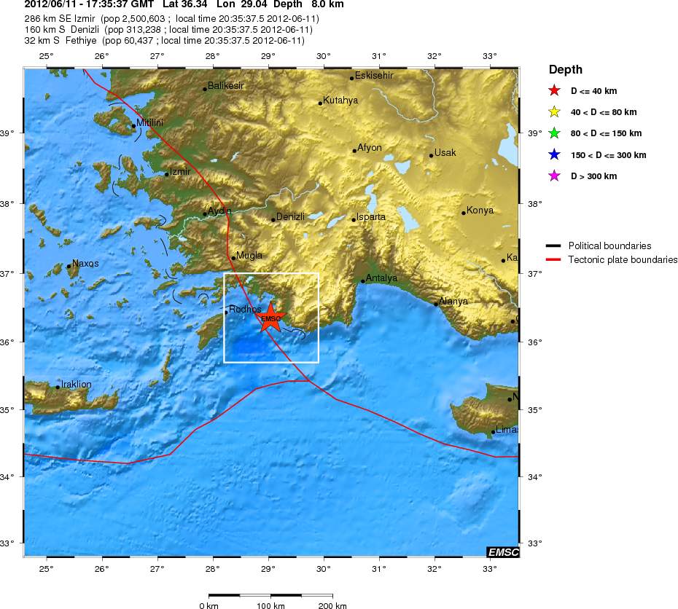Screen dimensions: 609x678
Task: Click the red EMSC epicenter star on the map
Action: pos(270,318)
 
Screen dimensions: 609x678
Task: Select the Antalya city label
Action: pos(381,278)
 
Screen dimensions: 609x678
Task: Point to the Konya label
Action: pos(480,211)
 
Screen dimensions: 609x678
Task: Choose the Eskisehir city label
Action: pos(373,75)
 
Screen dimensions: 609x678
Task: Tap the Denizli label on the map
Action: pos(290,216)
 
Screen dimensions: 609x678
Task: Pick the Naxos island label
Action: pos(85,263)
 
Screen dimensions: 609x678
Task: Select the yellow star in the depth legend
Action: pos(554,112)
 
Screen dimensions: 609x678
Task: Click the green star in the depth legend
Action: pos(554,133)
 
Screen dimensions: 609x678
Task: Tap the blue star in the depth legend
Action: pos(554,154)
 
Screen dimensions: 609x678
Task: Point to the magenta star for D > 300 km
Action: pos(554,176)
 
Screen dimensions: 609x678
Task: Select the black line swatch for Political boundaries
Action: pos(554,246)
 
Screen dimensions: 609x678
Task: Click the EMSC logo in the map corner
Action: pos(502,552)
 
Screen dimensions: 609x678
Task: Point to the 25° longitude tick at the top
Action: pos(47,56)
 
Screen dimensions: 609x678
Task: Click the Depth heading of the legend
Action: pos(565,70)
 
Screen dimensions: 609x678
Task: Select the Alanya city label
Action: pos(453,301)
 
